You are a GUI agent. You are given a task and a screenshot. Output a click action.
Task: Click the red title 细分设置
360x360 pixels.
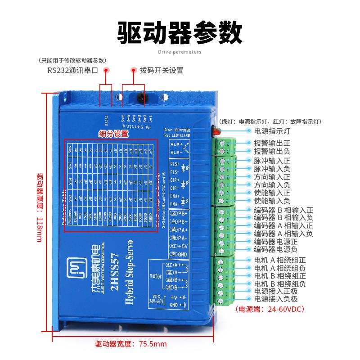113,134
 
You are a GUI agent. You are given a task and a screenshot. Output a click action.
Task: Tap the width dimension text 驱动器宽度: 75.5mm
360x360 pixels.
131,344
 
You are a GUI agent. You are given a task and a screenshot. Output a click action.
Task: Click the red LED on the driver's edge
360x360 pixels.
215,132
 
